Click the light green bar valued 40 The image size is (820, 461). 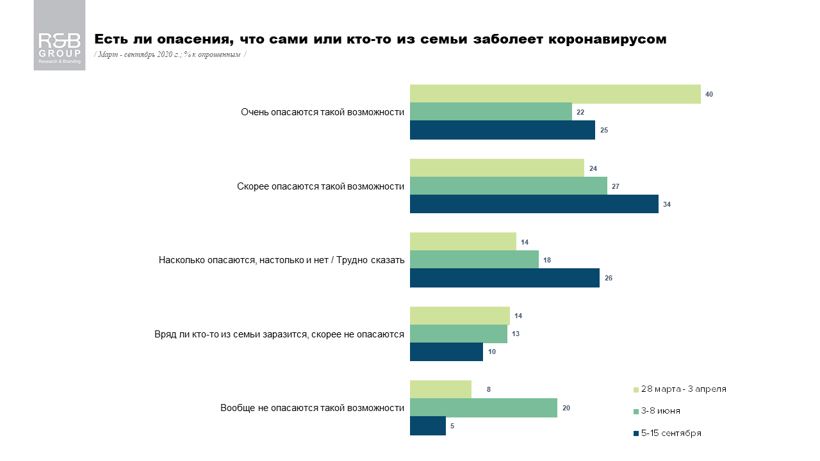(x=555, y=93)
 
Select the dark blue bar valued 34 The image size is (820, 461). (x=534, y=204)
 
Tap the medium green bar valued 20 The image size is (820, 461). (x=483, y=408)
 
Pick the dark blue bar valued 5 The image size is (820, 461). (x=427, y=426)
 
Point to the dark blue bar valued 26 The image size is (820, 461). (x=504, y=278)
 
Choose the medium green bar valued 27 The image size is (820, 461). (x=508, y=186)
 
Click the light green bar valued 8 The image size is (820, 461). (x=440, y=389)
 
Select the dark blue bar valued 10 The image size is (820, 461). (x=446, y=352)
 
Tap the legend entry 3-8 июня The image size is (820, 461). (x=660, y=411)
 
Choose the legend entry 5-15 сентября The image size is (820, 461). (x=671, y=433)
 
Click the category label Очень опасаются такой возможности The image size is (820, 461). (x=322, y=112)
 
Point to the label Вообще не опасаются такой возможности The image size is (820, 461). (x=312, y=408)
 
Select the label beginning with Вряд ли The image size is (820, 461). (x=279, y=334)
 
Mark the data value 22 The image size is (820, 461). (x=580, y=112)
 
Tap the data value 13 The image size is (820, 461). (x=515, y=334)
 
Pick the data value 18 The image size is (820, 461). (x=547, y=260)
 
